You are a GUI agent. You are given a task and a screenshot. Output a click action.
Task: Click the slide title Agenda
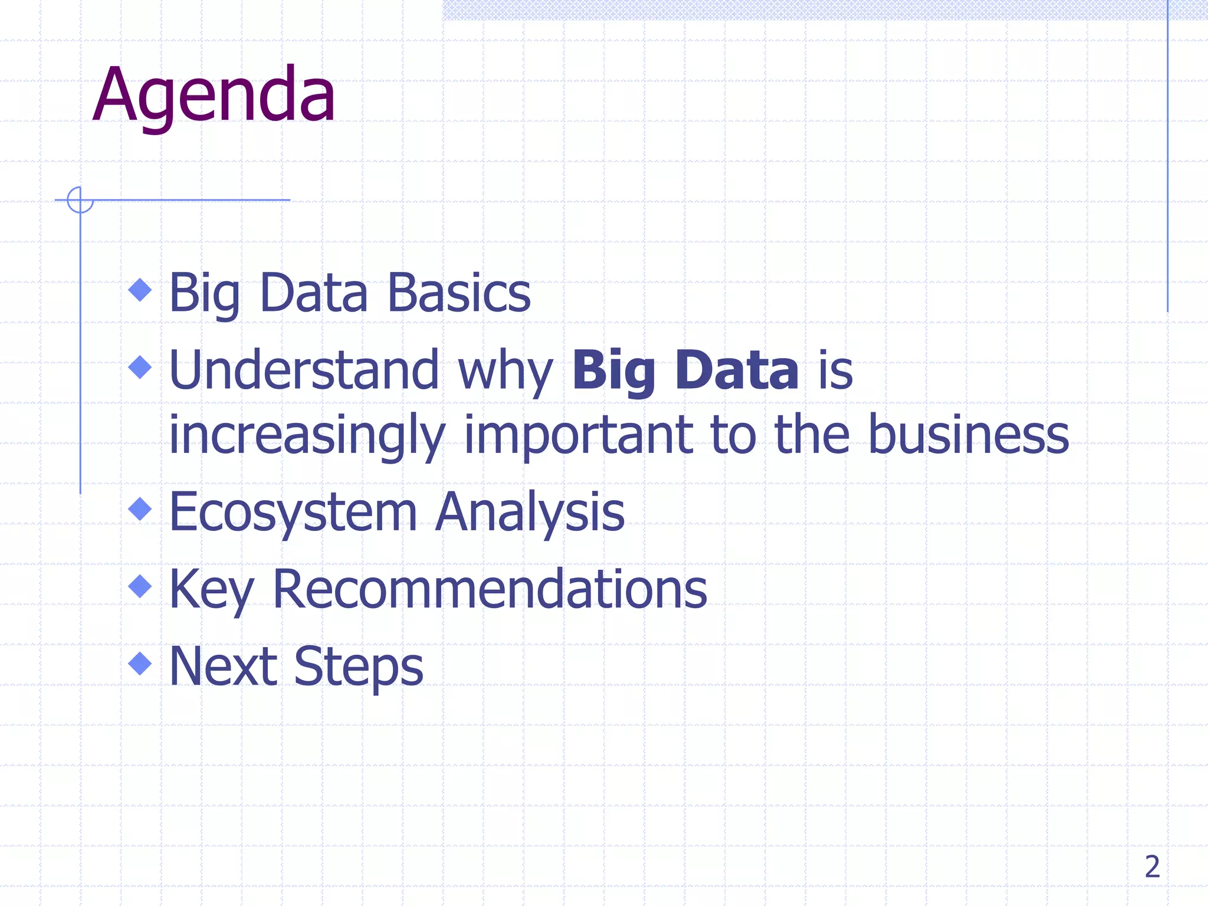(214, 96)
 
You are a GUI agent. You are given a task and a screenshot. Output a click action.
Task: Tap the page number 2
(1152, 867)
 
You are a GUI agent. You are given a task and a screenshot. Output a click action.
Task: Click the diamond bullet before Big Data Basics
(140, 290)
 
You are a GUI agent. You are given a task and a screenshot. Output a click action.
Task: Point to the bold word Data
(737, 370)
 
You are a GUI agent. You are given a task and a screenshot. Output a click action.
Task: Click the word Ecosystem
(293, 513)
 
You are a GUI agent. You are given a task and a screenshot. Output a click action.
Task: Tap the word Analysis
(530, 513)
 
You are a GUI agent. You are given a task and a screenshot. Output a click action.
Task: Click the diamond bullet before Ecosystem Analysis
(140, 509)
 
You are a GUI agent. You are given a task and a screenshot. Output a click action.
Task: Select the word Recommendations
(490, 589)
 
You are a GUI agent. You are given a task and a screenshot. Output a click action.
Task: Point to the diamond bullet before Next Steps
(140, 663)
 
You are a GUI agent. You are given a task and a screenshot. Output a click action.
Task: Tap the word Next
(223, 667)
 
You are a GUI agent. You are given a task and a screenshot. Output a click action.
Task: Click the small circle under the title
(80, 200)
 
